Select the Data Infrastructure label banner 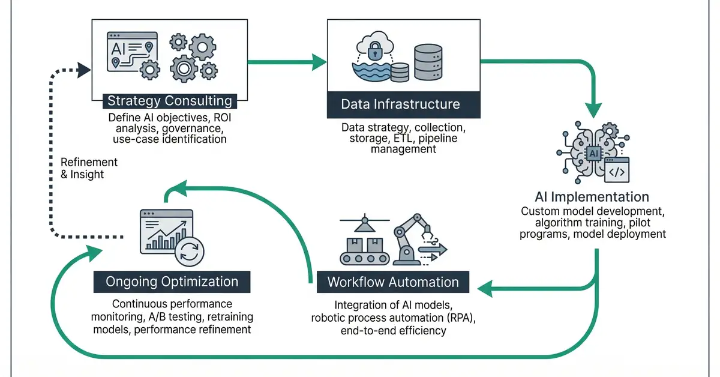click(400, 104)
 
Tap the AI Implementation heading click(592, 197)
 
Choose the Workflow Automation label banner click(393, 282)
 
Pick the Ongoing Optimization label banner click(172, 282)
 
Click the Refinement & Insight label click(89, 168)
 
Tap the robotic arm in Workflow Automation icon click(414, 240)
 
